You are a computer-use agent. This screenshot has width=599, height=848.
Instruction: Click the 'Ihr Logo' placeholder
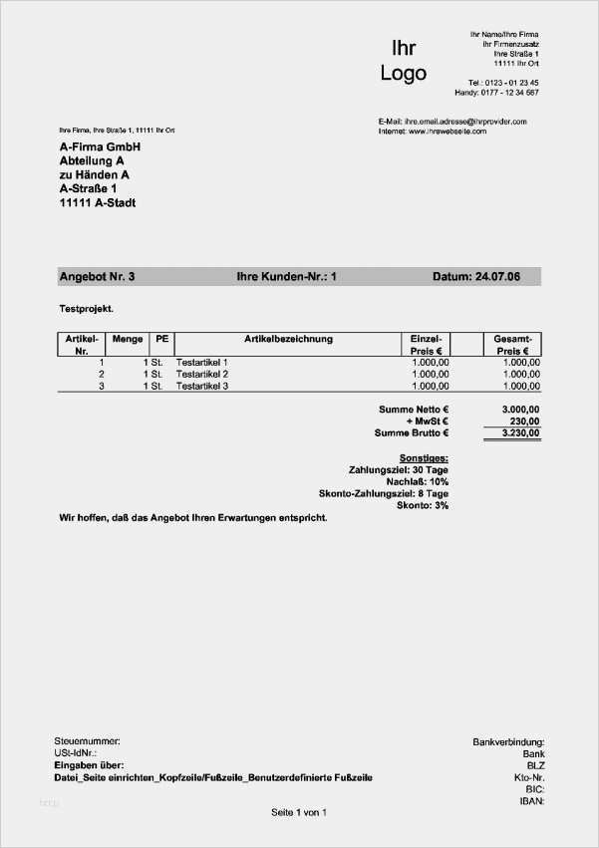click(x=403, y=60)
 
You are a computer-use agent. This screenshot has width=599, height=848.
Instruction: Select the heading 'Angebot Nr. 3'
click(x=97, y=276)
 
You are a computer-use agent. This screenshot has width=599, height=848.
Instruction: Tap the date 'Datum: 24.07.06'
click(x=476, y=276)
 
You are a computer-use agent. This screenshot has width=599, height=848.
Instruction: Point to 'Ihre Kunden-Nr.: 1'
click(x=286, y=276)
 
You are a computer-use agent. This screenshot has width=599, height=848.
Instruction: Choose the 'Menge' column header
click(x=128, y=339)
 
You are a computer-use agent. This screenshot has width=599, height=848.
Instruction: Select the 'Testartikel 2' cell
click(x=202, y=374)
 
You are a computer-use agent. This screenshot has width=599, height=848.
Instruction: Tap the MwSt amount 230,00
click(x=523, y=422)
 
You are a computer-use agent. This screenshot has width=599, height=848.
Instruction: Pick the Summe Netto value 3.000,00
click(x=519, y=410)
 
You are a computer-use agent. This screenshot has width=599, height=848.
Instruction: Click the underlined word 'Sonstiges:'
click(x=424, y=456)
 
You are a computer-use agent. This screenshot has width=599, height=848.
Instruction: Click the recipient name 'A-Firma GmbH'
click(x=100, y=146)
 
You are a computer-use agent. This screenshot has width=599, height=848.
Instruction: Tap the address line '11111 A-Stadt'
click(x=98, y=202)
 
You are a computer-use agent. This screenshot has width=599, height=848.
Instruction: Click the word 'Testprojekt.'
click(x=87, y=308)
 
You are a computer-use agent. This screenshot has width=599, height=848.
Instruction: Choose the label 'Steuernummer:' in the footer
click(x=87, y=741)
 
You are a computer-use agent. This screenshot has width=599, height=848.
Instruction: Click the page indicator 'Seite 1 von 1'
click(x=299, y=813)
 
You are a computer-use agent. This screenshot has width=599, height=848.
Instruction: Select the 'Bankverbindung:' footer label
click(x=507, y=741)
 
